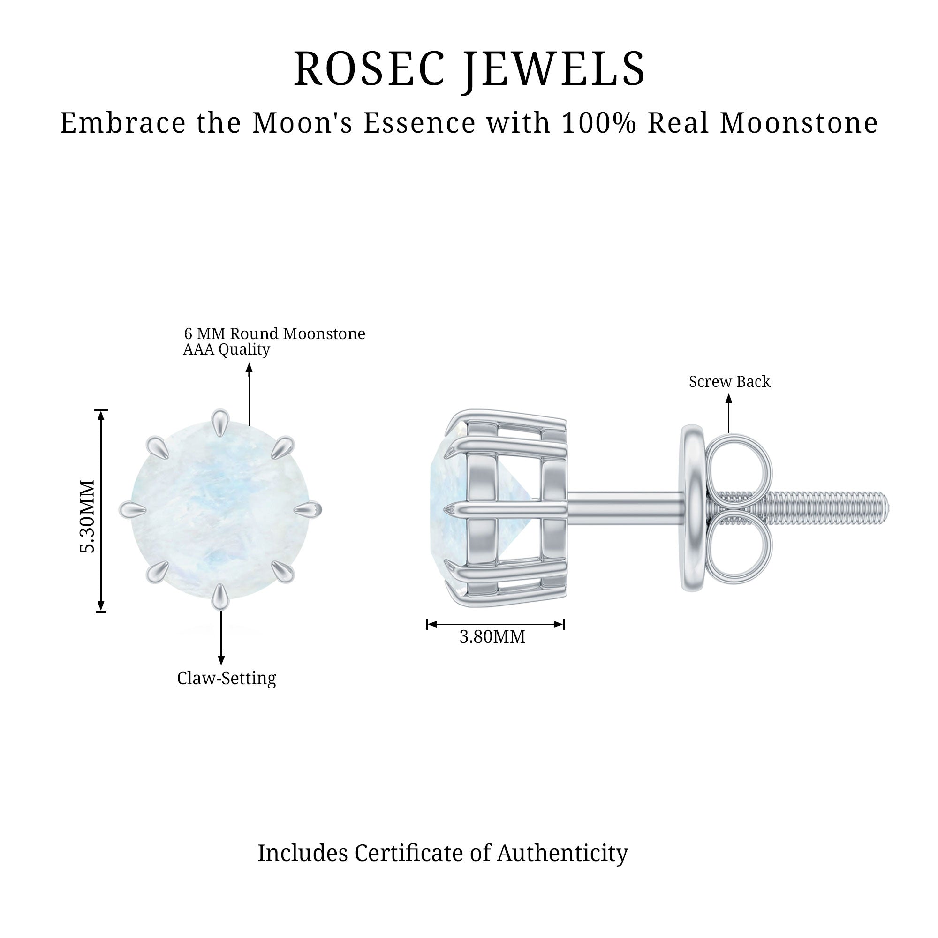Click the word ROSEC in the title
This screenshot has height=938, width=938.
tap(370, 68)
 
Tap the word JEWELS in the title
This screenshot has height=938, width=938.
tap(554, 71)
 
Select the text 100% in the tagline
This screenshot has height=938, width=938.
tap(598, 122)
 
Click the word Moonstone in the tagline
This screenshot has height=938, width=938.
tap(799, 122)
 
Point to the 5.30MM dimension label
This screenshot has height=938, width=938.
tap(87, 516)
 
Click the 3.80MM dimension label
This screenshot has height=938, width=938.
tap(492, 636)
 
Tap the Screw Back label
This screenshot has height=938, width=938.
tap(729, 382)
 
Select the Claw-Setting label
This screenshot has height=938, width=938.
tap(226, 678)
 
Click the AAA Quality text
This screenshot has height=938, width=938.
tap(226, 349)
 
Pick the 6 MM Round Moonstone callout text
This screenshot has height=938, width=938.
tap(274, 333)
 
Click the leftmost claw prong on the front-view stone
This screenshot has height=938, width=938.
tap(133, 509)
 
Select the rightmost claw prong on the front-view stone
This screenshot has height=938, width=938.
tap(308, 509)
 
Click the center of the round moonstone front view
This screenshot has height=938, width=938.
tap(220, 510)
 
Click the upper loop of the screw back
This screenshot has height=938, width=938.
tap(737, 466)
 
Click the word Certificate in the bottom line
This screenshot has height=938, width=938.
tap(408, 854)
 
